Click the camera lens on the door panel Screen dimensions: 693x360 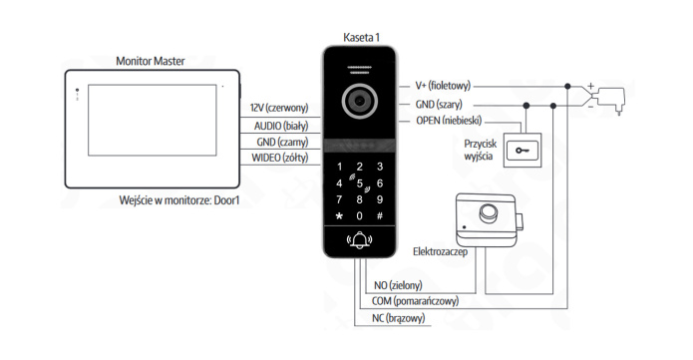point(359,101)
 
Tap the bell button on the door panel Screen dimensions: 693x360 point(359,240)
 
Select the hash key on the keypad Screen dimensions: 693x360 point(379,215)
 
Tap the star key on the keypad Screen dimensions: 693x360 point(339,216)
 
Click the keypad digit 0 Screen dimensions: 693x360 point(359,215)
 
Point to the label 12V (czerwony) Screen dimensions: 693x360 point(279,108)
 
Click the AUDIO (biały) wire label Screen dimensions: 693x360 point(281,126)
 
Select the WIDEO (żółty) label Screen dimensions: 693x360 point(280,158)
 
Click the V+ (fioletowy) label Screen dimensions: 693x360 point(443,86)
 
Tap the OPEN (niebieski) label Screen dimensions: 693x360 point(449,121)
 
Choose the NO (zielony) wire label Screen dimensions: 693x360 point(398,285)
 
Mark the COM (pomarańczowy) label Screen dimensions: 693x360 point(415,301)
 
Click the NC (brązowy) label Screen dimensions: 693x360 point(398,318)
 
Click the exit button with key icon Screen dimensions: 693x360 point(522,151)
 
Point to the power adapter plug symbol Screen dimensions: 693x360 point(611,100)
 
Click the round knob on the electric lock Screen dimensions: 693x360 point(488,212)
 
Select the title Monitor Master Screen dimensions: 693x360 point(151,61)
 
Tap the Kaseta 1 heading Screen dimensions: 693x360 point(361,38)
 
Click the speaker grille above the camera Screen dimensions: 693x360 point(359,70)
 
